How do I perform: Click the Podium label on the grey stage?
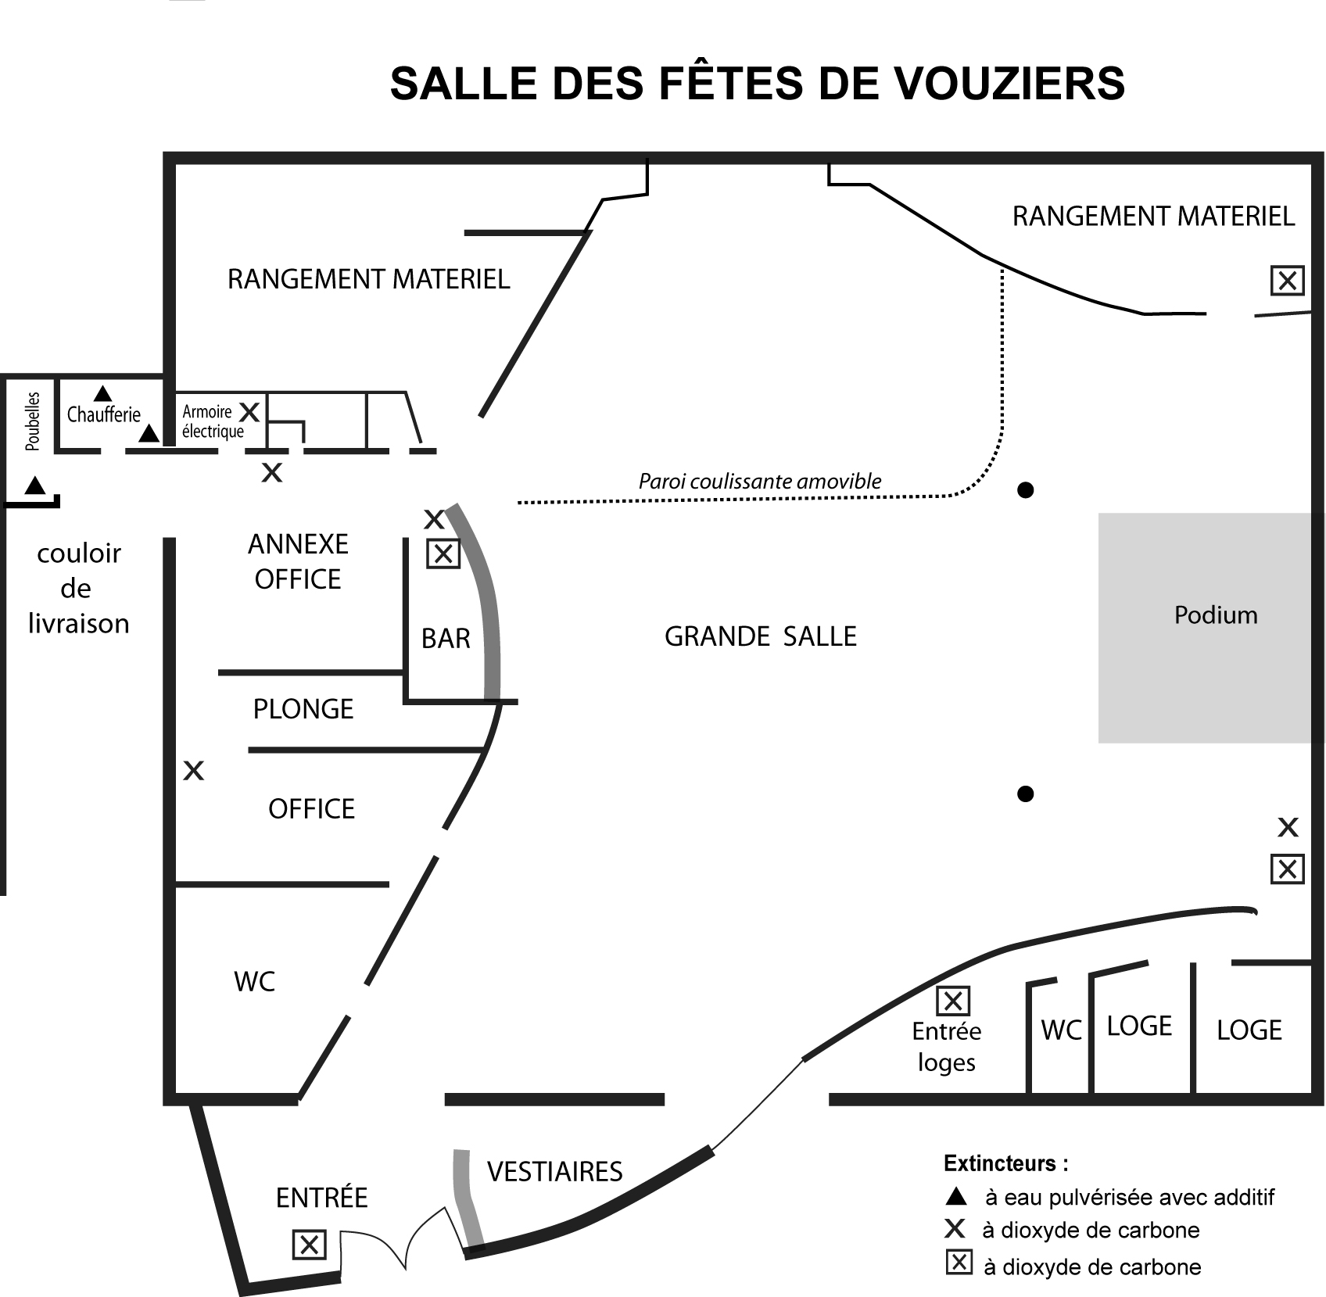click(1216, 615)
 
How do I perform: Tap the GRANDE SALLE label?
click(761, 636)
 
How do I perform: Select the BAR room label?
click(446, 639)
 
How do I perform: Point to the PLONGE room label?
click(303, 709)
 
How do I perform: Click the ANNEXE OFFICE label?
click(298, 561)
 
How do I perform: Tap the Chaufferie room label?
click(104, 414)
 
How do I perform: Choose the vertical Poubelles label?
click(32, 421)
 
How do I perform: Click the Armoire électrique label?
click(213, 421)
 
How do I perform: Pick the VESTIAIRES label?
click(555, 1172)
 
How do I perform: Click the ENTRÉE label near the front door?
click(322, 1197)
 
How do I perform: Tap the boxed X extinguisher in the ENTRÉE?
click(309, 1244)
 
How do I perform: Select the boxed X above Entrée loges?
click(953, 1001)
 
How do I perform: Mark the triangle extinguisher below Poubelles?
click(34, 485)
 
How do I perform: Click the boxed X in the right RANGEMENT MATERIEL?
click(1287, 280)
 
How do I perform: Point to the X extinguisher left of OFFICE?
click(193, 771)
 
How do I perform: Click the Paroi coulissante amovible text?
click(760, 482)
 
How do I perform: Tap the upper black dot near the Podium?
click(1026, 490)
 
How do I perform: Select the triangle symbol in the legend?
click(956, 1196)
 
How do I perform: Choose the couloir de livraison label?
click(78, 589)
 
